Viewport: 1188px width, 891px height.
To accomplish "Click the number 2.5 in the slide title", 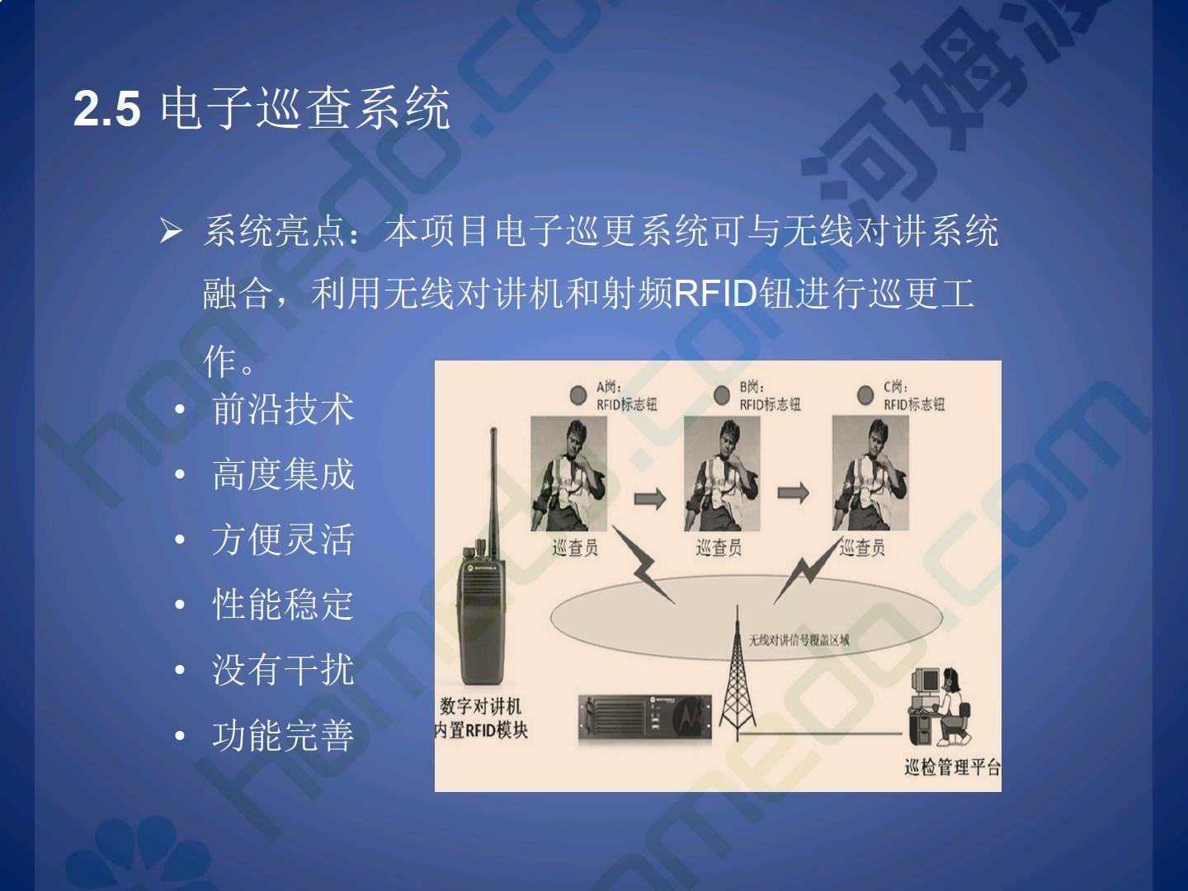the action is [107, 109].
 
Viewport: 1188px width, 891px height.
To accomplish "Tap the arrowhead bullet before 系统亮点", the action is [171, 232].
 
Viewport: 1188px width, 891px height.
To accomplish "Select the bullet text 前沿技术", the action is [283, 409].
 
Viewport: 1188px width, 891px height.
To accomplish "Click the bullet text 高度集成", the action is [283, 474].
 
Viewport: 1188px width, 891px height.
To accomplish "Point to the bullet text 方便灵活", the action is [283, 540].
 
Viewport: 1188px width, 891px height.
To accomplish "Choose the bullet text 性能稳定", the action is [283, 604].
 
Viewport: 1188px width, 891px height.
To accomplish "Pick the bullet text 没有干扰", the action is [283, 670].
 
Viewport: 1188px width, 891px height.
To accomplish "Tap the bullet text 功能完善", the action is [283, 735].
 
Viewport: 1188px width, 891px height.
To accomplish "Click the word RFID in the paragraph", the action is [715, 294].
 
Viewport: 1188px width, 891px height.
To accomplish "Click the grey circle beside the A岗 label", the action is [578, 395].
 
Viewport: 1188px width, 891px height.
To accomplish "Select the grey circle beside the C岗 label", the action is [865, 395].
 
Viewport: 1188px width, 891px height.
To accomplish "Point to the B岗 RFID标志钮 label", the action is [771, 396].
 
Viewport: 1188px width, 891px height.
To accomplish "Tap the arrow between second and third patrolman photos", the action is [793, 493].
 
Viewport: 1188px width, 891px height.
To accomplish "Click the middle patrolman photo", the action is [722, 474].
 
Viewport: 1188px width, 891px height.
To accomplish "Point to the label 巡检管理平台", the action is [953, 766].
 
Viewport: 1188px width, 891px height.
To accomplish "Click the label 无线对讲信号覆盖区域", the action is [799, 640].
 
